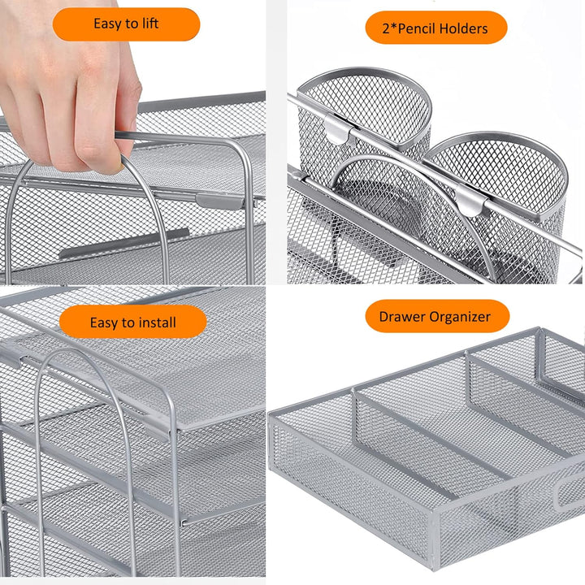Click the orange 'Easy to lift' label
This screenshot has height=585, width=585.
point(126,24)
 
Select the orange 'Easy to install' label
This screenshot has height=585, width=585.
point(132,323)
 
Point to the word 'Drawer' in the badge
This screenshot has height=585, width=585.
point(402,317)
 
